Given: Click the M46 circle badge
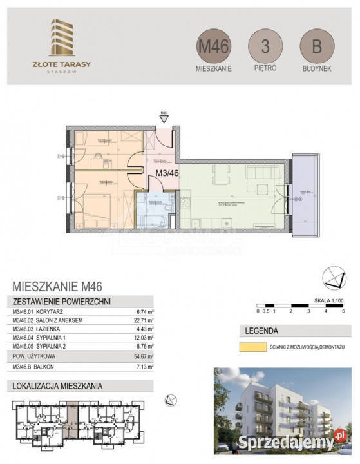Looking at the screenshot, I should click(x=213, y=46).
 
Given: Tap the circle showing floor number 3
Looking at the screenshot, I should click(x=265, y=46).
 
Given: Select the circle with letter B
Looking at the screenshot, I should click(x=316, y=46).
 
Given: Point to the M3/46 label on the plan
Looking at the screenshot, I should click(x=167, y=173).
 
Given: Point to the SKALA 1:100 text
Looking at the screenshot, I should click(x=328, y=300).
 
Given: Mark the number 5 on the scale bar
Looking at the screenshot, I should click(x=345, y=311).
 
